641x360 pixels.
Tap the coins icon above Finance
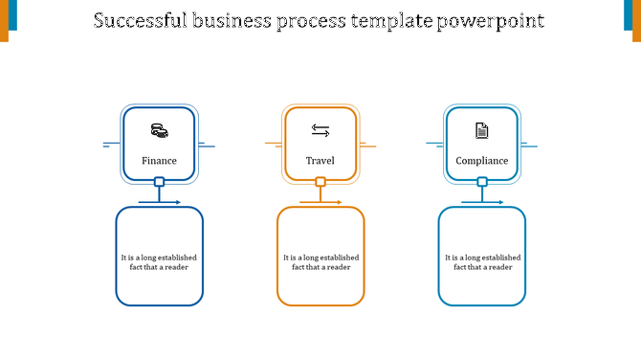(x=159, y=130)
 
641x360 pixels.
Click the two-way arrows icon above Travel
(x=320, y=130)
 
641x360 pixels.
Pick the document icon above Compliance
(x=482, y=130)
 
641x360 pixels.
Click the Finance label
(x=159, y=161)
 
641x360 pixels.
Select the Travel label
(x=320, y=161)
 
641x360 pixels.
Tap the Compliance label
(x=482, y=161)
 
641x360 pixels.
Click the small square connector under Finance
(x=159, y=181)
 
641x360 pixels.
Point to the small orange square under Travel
(x=320, y=181)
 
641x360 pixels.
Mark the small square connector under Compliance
(x=482, y=181)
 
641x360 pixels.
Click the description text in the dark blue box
(x=160, y=261)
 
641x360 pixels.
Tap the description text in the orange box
(x=320, y=261)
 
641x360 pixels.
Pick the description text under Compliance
(x=482, y=261)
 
